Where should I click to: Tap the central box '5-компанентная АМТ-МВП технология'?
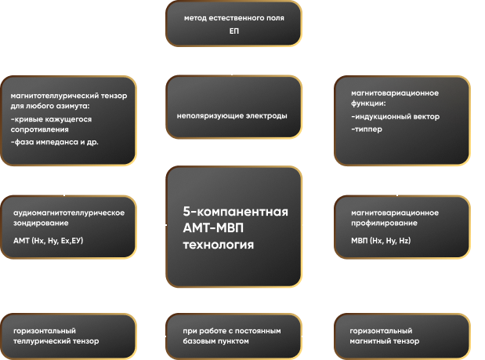click(x=234, y=227)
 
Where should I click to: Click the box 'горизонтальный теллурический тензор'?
click(x=68, y=336)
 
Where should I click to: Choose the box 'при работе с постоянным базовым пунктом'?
click(x=234, y=336)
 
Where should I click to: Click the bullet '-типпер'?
click(x=367, y=129)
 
